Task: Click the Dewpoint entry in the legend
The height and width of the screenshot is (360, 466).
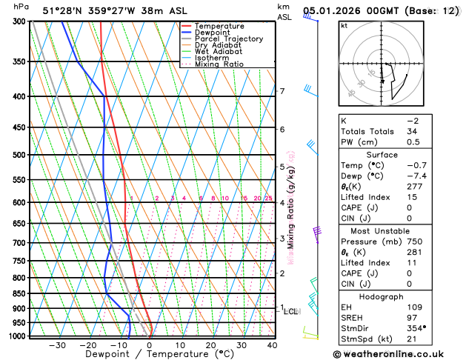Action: [211, 33]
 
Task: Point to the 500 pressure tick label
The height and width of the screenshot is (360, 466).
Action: [19, 155]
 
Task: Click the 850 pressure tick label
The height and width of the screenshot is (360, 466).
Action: [19, 293]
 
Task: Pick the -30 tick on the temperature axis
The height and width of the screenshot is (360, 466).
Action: [56, 344]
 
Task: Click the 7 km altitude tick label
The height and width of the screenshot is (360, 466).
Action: [282, 91]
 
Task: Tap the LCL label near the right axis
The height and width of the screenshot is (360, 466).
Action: [291, 312]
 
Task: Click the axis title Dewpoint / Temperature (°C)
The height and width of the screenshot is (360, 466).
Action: [150, 354]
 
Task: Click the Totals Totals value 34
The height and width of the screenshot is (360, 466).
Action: [413, 131]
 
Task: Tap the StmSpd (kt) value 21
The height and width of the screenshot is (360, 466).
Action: [413, 339]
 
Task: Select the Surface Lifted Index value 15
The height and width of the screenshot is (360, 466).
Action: [413, 197]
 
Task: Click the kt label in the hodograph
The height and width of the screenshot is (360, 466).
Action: [344, 25]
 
